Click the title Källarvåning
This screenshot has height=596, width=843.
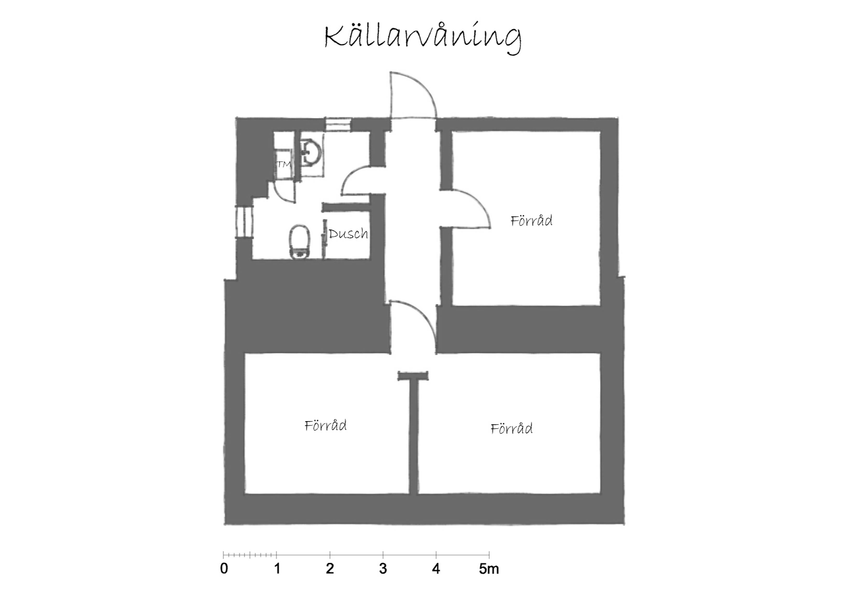click(x=423, y=40)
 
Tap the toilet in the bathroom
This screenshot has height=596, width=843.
click(x=300, y=241)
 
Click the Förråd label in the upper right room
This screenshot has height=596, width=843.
click(x=531, y=220)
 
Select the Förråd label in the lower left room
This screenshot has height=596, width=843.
click(x=326, y=425)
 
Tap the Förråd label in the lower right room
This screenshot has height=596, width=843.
click(x=511, y=428)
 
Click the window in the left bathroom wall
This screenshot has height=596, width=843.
click(x=244, y=222)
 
